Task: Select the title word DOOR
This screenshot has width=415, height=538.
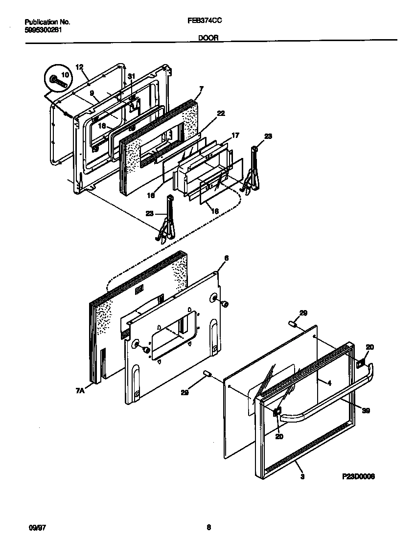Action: [208, 37]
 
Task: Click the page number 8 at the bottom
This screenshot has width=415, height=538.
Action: [208, 527]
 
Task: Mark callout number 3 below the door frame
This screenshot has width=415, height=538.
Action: [302, 476]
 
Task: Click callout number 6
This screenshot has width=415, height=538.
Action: [226, 258]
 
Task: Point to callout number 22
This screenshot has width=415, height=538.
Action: [221, 113]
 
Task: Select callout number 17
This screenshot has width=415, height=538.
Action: [235, 135]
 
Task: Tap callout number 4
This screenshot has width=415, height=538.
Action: [329, 384]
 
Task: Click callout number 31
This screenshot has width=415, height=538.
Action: [131, 76]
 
